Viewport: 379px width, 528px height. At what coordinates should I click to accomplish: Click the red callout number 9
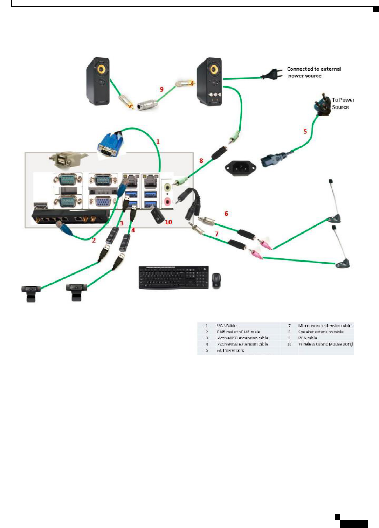[161, 89]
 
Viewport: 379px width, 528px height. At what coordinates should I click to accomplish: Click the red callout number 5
[305, 131]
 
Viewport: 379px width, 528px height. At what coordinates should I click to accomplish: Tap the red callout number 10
[168, 222]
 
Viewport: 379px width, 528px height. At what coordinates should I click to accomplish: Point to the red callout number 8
[201, 161]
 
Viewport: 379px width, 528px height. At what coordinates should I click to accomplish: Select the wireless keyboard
[174, 277]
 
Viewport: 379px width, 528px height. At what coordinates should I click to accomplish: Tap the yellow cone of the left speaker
[101, 69]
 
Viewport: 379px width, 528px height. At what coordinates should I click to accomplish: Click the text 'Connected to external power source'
[313, 72]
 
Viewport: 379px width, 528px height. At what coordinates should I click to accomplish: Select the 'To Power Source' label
[343, 104]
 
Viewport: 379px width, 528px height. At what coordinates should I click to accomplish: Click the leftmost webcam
[31, 293]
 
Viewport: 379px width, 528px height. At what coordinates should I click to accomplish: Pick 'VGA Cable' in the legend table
[227, 326]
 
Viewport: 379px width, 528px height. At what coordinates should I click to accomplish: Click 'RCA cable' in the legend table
[308, 338]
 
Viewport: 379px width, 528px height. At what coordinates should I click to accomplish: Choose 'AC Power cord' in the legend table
[230, 350]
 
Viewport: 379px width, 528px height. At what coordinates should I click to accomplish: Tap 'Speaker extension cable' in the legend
[321, 332]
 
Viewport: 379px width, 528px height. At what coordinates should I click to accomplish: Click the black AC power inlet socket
[240, 168]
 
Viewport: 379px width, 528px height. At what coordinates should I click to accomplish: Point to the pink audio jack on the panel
[168, 201]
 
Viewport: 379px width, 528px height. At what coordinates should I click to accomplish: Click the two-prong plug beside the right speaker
[271, 74]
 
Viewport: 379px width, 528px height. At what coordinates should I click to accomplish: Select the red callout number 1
[158, 141]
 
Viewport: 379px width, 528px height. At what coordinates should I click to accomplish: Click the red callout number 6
[226, 213]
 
